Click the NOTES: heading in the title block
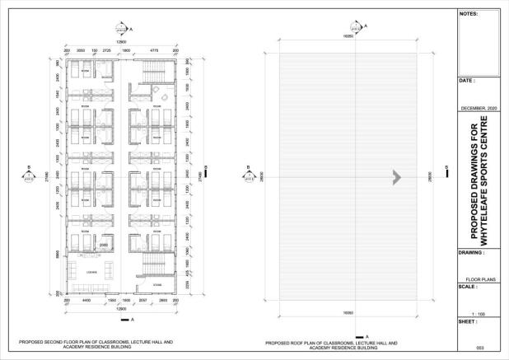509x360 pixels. (468, 14)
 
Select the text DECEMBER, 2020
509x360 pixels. (479, 108)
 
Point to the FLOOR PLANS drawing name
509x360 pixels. (479, 279)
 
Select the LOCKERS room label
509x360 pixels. (91, 271)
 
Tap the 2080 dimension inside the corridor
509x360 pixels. (105, 245)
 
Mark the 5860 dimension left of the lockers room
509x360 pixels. (55, 255)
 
